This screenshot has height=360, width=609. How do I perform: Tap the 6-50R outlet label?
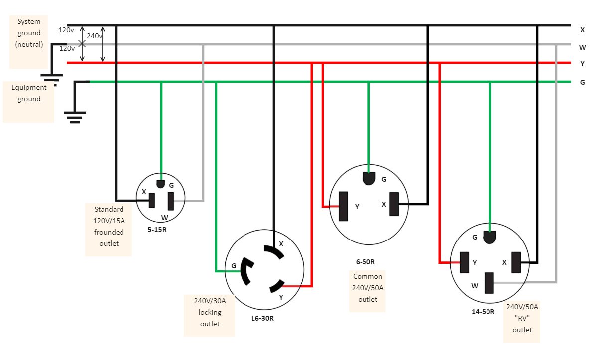pos(365,262)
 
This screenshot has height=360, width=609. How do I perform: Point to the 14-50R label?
pos(483,312)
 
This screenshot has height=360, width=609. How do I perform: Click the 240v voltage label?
pos(94,36)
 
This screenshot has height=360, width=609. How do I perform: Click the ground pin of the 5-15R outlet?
pos(160,184)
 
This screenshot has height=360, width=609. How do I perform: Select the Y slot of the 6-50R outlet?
pos(343,206)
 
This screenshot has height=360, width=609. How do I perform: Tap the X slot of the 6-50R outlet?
pos(394,204)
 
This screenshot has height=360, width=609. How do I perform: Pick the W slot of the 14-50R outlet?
pos(489,283)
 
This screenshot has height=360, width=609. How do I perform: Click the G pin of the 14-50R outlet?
pos(490,238)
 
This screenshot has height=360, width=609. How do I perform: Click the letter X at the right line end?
pos(582,30)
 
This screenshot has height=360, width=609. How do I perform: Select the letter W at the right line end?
pos(582,48)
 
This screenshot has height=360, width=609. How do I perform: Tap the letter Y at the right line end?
pos(582,64)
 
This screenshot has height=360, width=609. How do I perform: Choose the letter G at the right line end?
pos(582,82)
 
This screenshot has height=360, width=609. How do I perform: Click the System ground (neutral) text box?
pos(29,33)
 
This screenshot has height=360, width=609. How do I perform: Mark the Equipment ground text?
pos(29,93)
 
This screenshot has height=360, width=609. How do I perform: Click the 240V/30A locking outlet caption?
pos(210,313)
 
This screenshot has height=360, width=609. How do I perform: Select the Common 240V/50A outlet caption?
pos(367,288)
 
